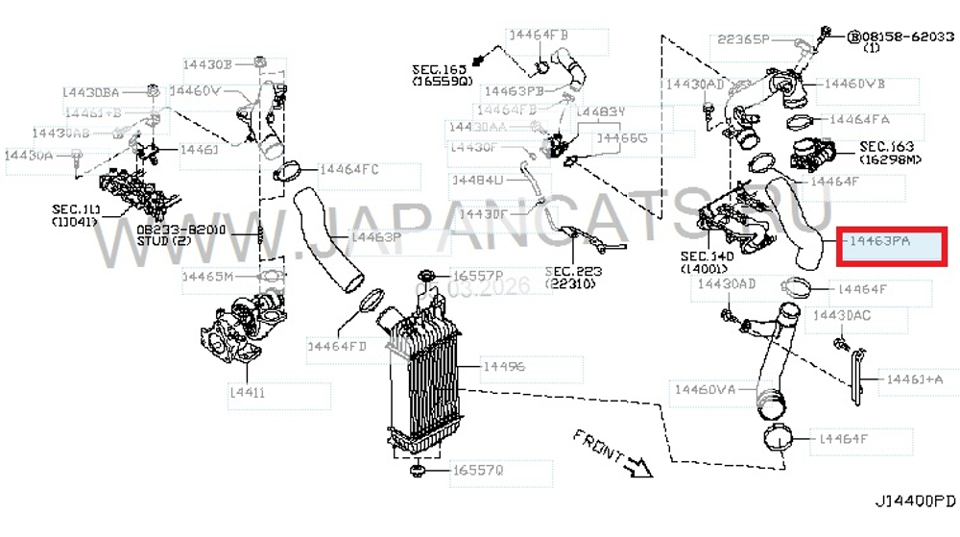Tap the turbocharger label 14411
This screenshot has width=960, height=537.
click(247, 393)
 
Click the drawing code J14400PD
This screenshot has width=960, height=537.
click(915, 502)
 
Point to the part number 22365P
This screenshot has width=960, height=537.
click(743, 39)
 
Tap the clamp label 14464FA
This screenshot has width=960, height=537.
click(860, 120)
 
